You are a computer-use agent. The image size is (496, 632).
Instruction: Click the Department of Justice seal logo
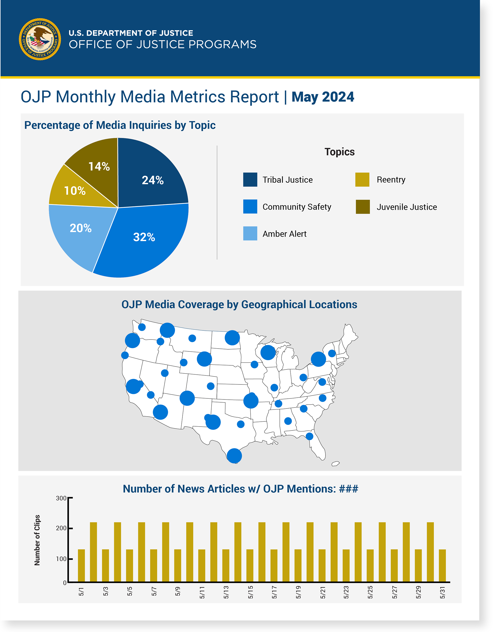[40, 39]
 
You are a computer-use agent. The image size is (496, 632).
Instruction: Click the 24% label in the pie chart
[152, 180]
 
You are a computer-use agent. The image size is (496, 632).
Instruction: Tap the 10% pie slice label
[75, 191]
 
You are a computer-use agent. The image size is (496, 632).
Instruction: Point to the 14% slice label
[99, 166]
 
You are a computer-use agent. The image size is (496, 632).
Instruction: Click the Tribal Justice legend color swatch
[250, 180]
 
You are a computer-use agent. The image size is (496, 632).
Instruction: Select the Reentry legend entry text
[391, 180]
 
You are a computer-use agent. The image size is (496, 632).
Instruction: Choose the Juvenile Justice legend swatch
[363, 207]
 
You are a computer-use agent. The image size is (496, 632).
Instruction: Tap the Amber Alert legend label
[284, 234]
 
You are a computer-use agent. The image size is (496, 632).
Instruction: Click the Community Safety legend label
[297, 207]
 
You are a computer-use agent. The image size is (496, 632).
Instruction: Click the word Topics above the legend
[339, 152]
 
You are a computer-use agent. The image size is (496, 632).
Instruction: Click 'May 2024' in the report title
[323, 97]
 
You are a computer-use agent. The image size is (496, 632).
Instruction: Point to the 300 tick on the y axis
[61, 498]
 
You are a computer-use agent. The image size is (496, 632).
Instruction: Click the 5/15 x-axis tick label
[250, 592]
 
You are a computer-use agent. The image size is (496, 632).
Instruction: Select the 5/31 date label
[442, 592]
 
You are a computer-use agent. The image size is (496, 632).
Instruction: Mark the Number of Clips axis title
[37, 540]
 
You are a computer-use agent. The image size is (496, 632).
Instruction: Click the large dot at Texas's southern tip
[234, 456]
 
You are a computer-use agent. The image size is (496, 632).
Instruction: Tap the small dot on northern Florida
[309, 436]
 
